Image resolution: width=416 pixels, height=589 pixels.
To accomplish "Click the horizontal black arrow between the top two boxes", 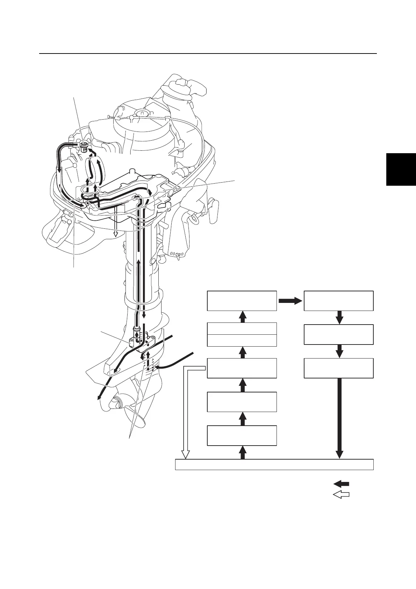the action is (290, 300).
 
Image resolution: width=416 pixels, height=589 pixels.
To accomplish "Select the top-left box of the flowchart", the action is (242, 300).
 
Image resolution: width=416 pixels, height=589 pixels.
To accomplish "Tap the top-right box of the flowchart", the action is (338, 300).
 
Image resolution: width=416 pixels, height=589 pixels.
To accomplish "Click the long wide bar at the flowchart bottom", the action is (274, 464).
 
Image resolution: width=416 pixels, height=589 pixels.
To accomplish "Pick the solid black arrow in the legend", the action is (341, 484).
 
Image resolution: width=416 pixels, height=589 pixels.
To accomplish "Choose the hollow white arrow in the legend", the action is (341, 495).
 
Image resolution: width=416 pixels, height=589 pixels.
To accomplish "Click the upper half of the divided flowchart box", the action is (242, 328).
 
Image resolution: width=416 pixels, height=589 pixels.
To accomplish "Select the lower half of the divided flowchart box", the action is (242, 340).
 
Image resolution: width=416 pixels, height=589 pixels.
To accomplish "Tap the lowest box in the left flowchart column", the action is (242, 435).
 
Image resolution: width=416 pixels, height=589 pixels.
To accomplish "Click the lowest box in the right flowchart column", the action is (338, 368).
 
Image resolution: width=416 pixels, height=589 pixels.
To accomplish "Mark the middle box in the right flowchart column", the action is (338, 334).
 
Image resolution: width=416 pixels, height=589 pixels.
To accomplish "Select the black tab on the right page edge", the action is (401, 169).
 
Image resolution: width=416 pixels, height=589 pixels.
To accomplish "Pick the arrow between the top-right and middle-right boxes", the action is (339, 318).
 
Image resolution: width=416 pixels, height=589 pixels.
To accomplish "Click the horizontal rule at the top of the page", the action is (208, 54).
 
